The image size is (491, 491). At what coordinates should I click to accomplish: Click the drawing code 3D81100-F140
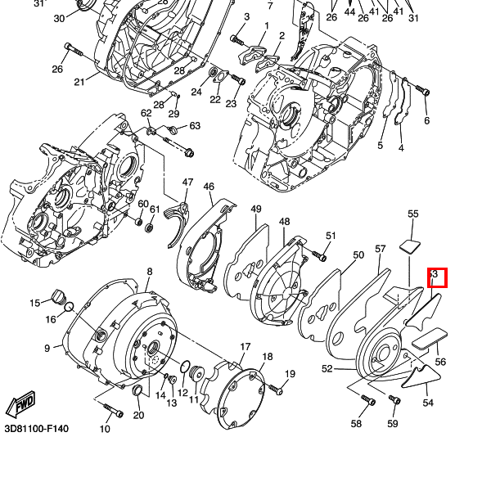coord(36,429)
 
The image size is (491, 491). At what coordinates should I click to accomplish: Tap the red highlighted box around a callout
coord(435,277)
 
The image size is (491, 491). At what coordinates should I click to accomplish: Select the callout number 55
coord(413,214)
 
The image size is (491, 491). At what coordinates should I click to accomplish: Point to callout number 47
coord(187,182)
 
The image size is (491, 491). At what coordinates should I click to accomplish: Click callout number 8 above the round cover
coord(149,271)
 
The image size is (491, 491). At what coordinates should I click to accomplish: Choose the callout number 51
coord(331,236)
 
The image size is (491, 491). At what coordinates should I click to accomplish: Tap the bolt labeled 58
coord(367,401)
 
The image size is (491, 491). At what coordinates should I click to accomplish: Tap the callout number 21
coord(79,81)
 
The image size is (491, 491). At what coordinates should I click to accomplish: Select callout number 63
coord(195,126)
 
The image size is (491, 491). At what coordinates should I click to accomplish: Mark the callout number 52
coord(327,369)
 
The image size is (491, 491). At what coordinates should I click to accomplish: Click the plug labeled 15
coord(57,295)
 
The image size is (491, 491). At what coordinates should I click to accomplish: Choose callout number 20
coord(138,415)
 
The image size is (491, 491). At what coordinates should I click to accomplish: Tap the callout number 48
coord(284,222)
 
